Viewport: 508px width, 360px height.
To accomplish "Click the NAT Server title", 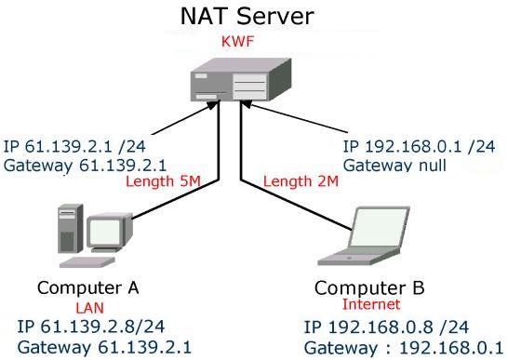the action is click(247, 16).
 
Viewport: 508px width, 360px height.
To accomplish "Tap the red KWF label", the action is click(237, 42).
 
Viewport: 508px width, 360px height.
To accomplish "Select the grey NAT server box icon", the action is click(241, 79).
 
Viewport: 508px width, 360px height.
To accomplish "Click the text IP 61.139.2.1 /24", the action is click(74, 147).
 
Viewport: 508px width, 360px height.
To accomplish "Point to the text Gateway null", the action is click(394, 166).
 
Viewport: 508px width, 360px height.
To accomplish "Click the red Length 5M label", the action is click(164, 181).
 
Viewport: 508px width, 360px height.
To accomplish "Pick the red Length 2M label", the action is click(301, 181).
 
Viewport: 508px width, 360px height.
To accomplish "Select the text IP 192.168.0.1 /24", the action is click(420, 147).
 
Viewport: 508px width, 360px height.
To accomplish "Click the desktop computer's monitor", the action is click(109, 232).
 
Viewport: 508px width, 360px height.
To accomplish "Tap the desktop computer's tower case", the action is click(71, 229).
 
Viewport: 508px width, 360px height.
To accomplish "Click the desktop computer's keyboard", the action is click(87, 262).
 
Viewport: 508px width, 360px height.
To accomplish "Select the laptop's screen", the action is click(380, 227).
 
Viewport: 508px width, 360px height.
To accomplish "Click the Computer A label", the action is click(88, 287).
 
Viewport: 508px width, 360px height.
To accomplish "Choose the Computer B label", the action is click(369, 287).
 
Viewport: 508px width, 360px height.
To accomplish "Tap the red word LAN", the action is click(89, 308).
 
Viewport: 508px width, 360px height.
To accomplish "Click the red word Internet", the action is click(371, 304).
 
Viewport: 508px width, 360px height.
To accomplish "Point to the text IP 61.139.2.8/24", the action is click(91, 327).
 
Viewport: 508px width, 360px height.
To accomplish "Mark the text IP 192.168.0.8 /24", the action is click(386, 327).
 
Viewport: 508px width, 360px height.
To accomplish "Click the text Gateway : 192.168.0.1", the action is click(404, 348).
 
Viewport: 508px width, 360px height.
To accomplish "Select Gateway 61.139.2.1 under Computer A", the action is click(104, 347).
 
